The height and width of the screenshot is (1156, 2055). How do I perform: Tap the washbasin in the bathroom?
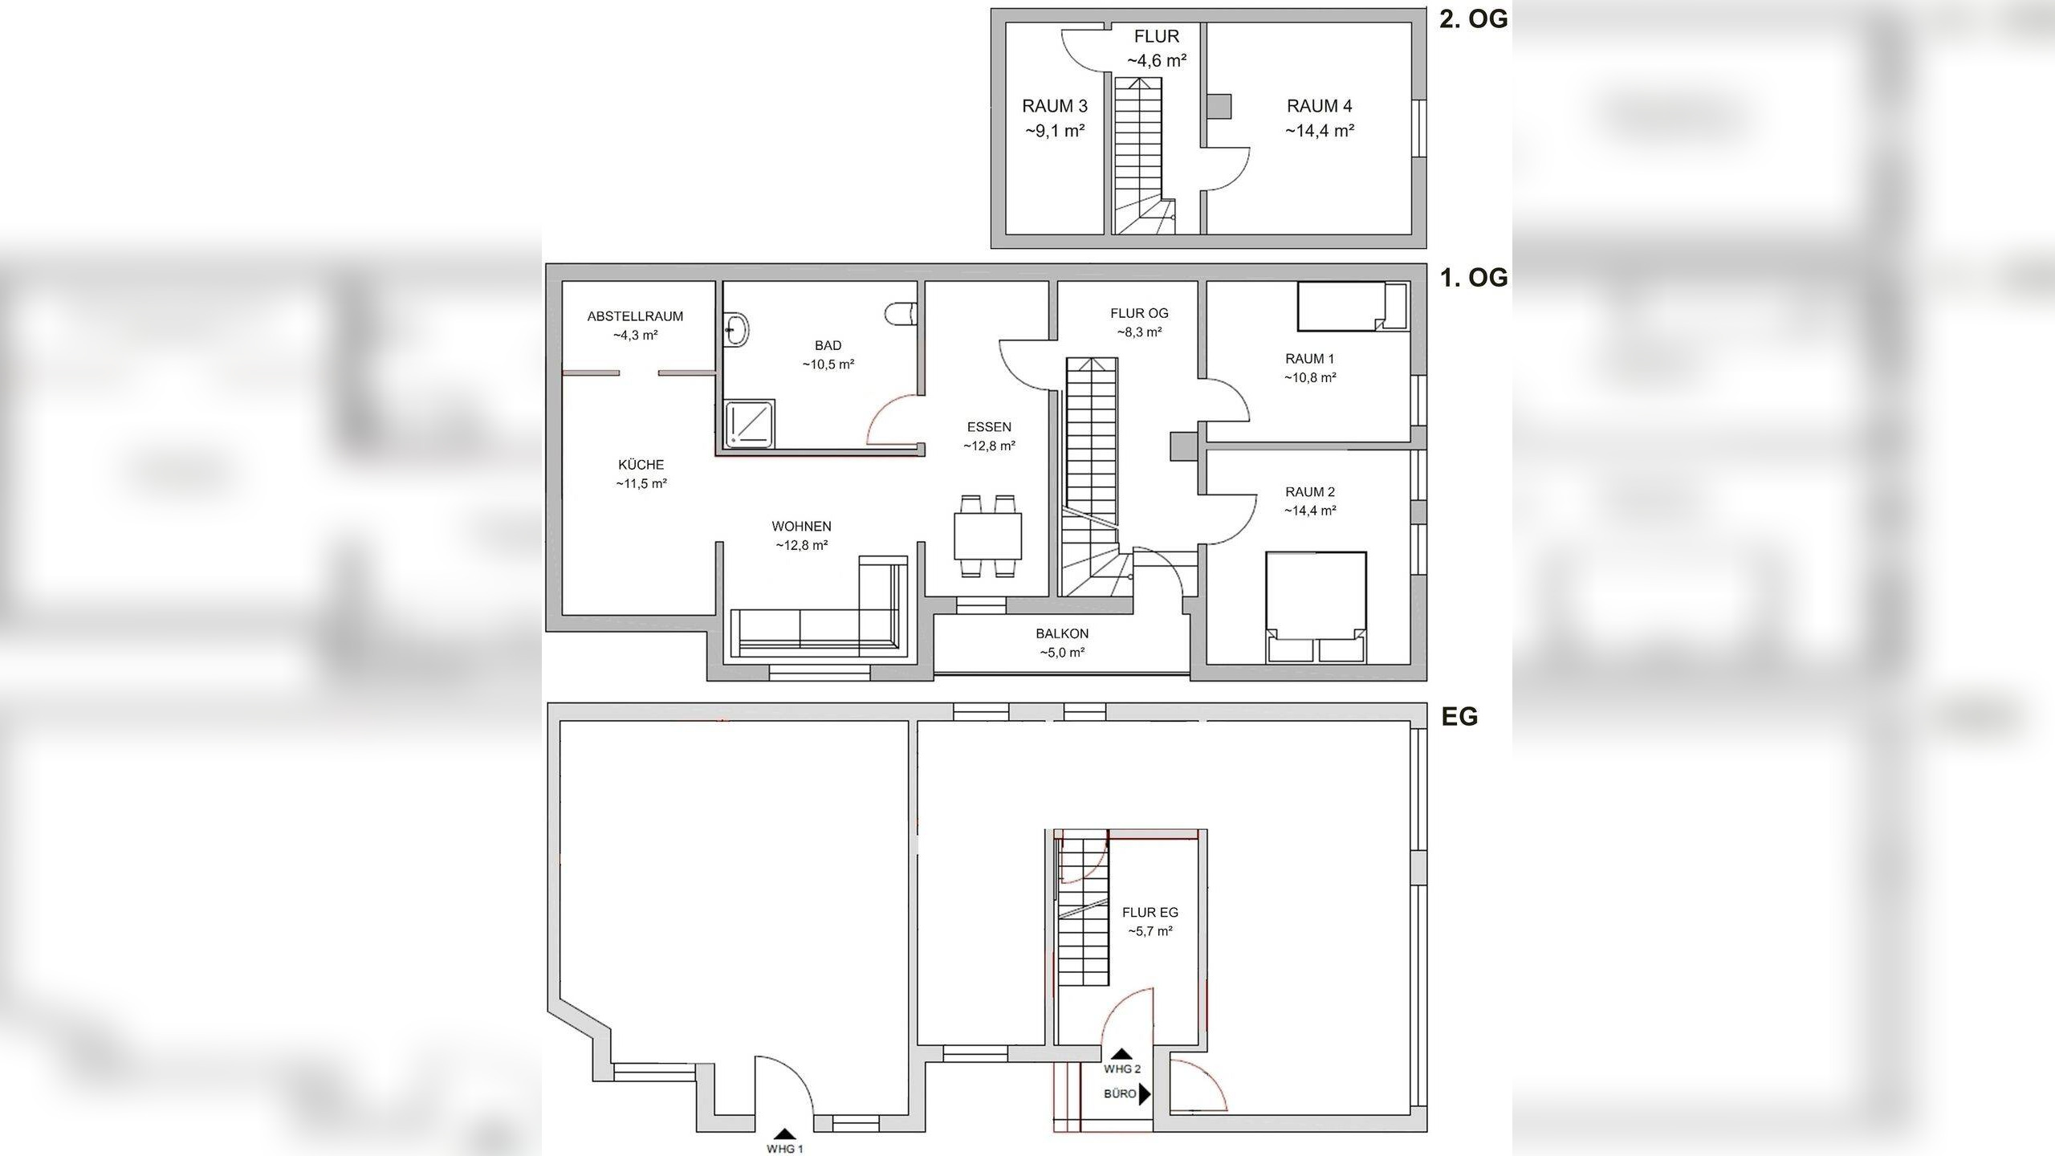pyautogui.click(x=736, y=329)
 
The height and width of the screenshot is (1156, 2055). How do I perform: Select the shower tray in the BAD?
pyautogui.click(x=750, y=425)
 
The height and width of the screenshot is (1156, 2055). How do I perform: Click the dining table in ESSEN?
pyautogui.click(x=987, y=536)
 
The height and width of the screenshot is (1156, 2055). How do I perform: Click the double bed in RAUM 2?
pyautogui.click(x=1316, y=602)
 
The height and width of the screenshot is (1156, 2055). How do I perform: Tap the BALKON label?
pyautogui.click(x=1061, y=633)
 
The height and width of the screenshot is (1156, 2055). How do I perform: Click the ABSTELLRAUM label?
pyautogui.click(x=635, y=316)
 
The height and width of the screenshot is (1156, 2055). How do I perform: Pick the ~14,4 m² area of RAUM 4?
pyautogui.click(x=1319, y=130)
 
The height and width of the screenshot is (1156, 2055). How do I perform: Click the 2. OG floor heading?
pyautogui.click(x=1472, y=19)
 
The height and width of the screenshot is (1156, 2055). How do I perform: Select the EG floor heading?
pyautogui.click(x=1459, y=716)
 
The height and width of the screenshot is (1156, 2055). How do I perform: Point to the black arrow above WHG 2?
pyautogui.click(x=1121, y=1053)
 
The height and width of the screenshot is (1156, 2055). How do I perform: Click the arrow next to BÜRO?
pyautogui.click(x=1145, y=1093)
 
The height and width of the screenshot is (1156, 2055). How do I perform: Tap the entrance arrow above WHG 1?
pyautogui.click(x=784, y=1134)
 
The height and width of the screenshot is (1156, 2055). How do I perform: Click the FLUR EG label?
pyautogui.click(x=1150, y=913)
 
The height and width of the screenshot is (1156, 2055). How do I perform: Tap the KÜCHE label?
pyautogui.click(x=641, y=465)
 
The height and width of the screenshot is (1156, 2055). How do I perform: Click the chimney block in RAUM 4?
pyautogui.click(x=1219, y=106)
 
